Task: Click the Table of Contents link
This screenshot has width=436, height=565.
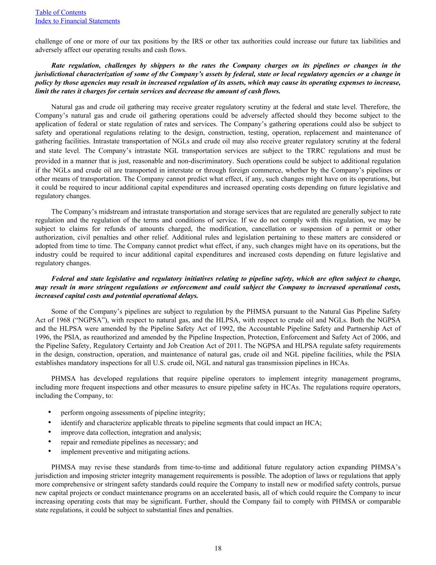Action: click(61, 13)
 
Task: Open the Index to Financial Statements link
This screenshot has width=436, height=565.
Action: click(78, 21)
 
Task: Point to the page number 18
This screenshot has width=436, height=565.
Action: click(218, 548)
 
